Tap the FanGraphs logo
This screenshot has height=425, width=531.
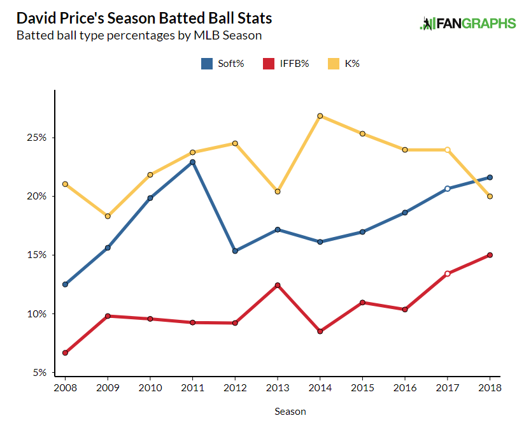coord(468,24)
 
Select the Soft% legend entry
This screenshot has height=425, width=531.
coord(223,63)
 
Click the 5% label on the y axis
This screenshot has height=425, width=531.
coord(40,373)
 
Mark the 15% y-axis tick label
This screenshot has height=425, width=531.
coord(38,255)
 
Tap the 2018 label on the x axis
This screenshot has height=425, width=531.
coord(490,387)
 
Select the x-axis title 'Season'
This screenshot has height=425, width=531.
coord(290,412)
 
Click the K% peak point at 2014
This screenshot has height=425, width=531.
coord(320,116)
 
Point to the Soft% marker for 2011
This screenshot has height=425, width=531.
coord(192,162)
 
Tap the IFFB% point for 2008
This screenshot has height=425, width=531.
coord(65,352)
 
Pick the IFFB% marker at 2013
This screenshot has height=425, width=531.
coord(278,285)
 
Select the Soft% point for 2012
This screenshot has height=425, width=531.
coord(235,251)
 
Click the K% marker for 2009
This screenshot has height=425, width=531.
coord(108,216)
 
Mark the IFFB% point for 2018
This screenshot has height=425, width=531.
coord(490,255)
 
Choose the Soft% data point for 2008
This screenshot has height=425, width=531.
coord(65,284)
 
